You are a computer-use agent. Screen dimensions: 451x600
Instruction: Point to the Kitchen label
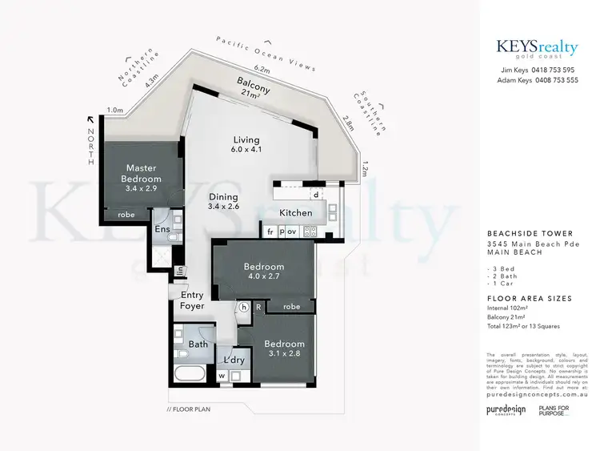click(x=295, y=213)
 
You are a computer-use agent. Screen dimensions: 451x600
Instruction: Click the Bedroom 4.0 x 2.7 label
click(x=265, y=272)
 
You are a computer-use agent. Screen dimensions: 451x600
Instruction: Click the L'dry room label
click(x=234, y=360)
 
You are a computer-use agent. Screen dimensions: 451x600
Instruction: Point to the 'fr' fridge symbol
click(x=270, y=232)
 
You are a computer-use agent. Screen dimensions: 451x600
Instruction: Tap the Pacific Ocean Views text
click(x=266, y=53)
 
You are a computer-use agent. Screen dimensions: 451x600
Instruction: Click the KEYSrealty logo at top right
click(x=538, y=50)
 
